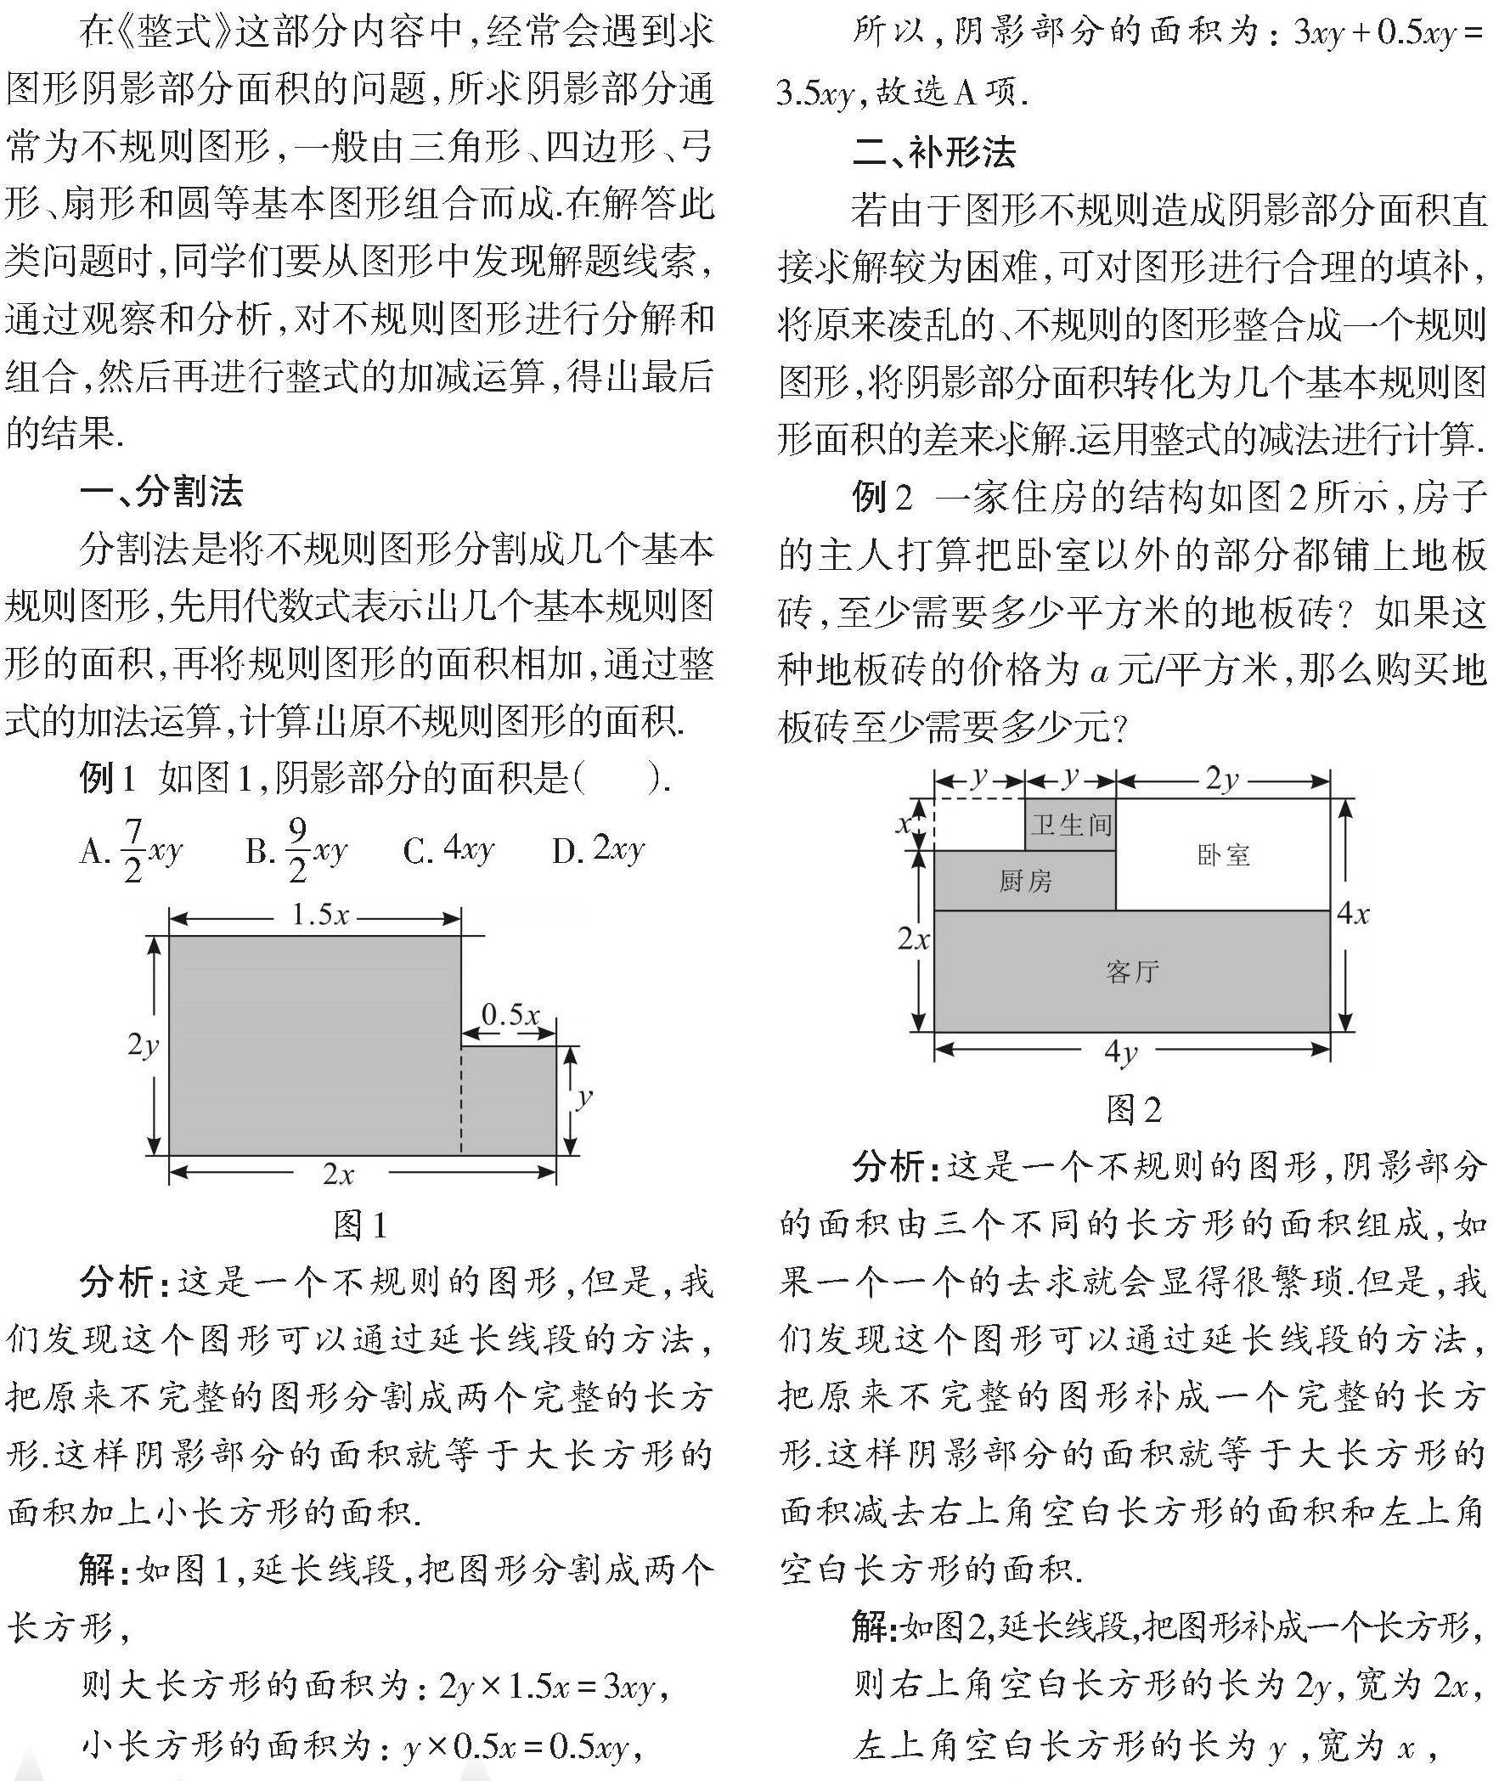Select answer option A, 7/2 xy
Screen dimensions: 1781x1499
132,849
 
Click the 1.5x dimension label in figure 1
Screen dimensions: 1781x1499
318,916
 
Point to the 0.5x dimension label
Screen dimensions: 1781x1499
510,1015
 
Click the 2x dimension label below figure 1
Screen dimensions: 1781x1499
337,1174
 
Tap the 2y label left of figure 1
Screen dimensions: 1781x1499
143,1045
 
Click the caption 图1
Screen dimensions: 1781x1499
360,1225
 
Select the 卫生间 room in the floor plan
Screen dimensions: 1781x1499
1071,824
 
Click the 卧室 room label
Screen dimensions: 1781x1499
1224,854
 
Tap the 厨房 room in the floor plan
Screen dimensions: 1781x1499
1025,881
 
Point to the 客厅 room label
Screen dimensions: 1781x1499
1133,972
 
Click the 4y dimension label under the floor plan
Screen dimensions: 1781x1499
1121,1052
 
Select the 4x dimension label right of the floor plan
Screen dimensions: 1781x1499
1353,914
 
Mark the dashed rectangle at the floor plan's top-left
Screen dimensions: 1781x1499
979,824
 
